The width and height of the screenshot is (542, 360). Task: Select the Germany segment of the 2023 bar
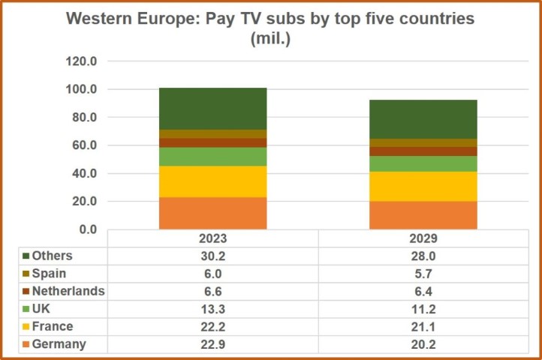[212, 213]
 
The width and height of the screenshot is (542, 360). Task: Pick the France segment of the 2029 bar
[423, 186]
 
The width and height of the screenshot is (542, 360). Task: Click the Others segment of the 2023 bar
[212, 108]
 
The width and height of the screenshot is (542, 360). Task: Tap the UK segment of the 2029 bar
[423, 163]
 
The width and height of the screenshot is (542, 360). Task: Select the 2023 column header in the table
[212, 238]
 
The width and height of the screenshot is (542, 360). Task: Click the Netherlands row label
[68, 291]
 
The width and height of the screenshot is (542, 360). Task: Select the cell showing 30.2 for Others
[212, 256]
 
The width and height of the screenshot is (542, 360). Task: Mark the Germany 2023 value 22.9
[212, 344]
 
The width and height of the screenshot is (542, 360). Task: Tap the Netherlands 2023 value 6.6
[212, 291]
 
